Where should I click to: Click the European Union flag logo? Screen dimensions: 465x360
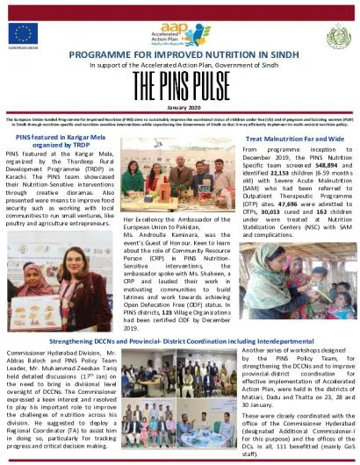(x=23, y=34)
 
